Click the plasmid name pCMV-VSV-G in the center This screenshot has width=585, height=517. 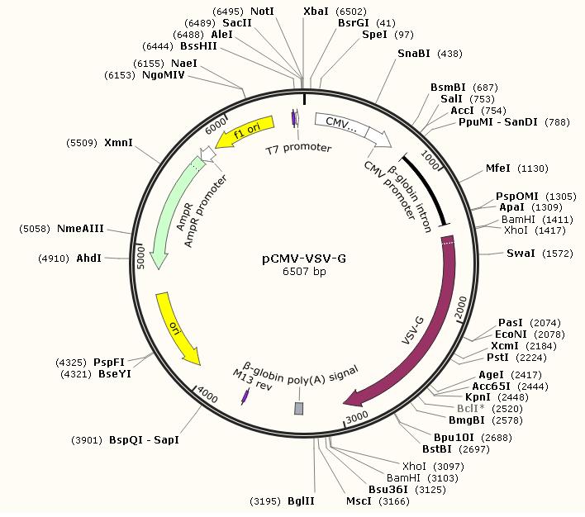[303, 258]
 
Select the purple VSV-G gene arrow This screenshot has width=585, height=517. [437, 330]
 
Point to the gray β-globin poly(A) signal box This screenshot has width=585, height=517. [299, 408]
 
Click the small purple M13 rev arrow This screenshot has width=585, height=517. [245, 397]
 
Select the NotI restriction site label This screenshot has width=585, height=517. [262, 12]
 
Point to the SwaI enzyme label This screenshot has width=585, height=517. [521, 254]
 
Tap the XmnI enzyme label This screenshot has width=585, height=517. [118, 143]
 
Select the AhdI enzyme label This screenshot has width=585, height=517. [89, 258]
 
